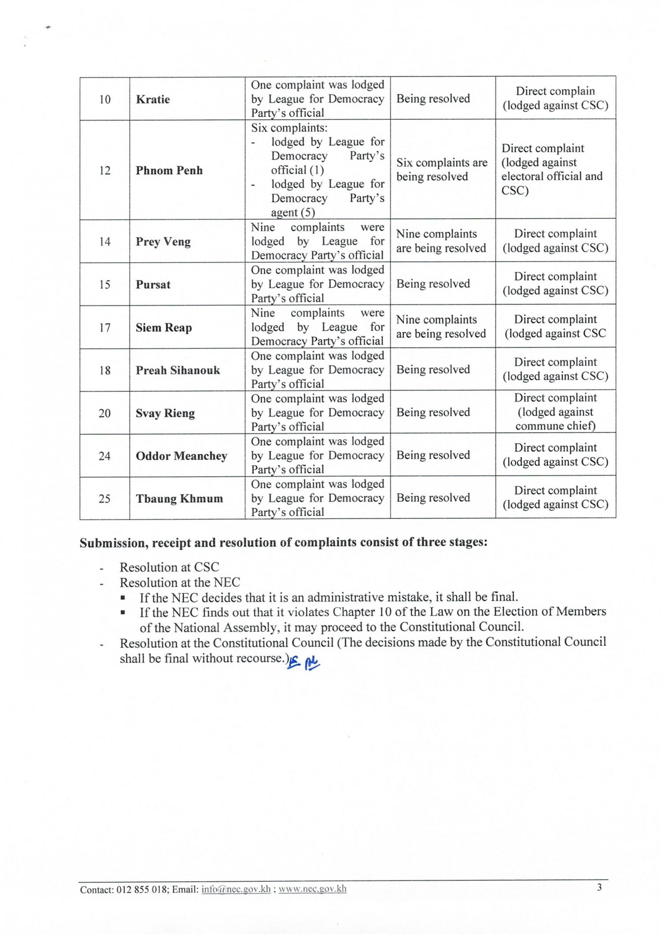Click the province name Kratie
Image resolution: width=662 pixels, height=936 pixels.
coord(153,99)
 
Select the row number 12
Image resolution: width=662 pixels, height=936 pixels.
coord(105,170)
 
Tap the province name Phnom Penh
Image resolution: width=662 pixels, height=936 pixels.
coord(169,170)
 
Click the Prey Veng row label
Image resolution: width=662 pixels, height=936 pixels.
coord(163,242)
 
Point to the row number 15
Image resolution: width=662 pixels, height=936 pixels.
coord(105,285)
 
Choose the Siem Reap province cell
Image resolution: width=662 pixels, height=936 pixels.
coord(163,328)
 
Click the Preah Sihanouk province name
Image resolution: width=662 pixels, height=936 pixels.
coord(177,370)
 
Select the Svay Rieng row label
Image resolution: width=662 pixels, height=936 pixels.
coord(165,413)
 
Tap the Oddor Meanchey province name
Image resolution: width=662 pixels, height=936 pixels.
coord(181,456)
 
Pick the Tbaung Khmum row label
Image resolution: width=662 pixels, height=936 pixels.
coord(179,498)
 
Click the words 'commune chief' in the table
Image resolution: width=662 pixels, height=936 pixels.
coord(555,426)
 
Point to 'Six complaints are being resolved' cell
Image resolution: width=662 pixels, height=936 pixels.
coord(442,170)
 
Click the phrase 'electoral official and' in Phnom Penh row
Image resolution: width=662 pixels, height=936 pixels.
coord(552,176)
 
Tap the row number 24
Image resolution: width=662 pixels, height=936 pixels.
coord(105,456)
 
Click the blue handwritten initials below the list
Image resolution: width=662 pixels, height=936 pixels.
coord(304,662)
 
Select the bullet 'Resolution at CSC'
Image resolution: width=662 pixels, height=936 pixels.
coord(169,567)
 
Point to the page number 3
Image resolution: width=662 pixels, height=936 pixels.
coord(599,887)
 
